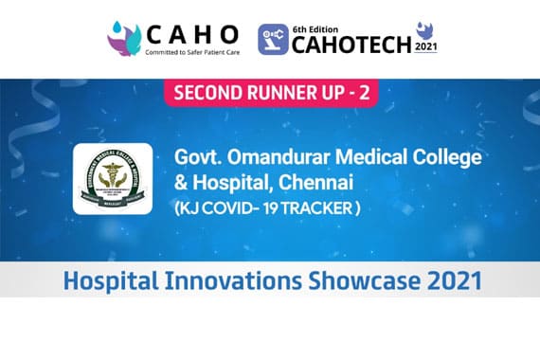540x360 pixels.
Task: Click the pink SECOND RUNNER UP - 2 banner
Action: (x=270, y=95)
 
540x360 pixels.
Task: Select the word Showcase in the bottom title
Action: (x=351, y=280)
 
